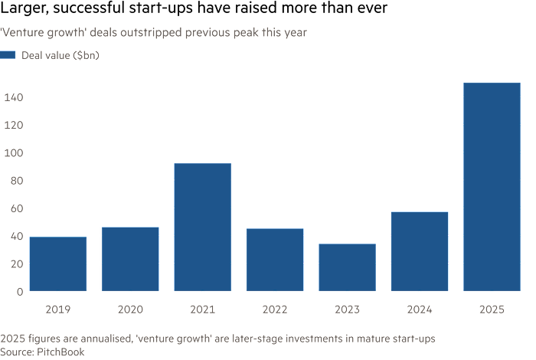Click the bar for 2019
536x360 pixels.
(x=57, y=263)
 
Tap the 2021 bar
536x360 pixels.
(x=202, y=227)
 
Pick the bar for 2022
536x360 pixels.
(x=275, y=260)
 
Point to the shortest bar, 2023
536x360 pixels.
(x=347, y=267)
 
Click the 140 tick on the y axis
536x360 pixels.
(x=13, y=97)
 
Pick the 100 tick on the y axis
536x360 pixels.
(x=13, y=152)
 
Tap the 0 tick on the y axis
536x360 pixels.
(x=19, y=291)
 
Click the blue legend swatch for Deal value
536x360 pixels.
(x=8, y=55)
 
